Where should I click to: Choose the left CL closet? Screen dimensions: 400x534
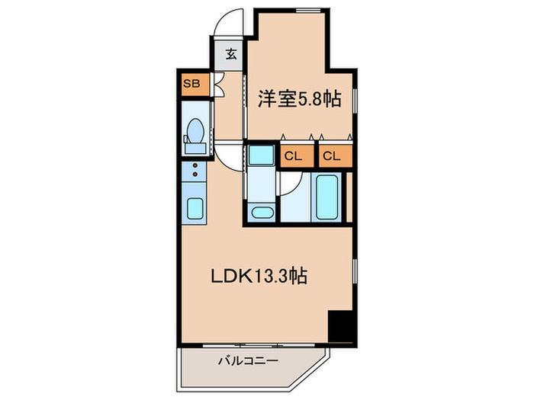pyautogui.click(x=294, y=157)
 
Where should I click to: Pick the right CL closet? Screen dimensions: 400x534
pyautogui.click(x=331, y=157)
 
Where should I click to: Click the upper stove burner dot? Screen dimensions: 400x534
pyautogui.click(x=195, y=166)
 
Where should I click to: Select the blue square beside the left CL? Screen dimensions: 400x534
pyautogui.click(x=262, y=155)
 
